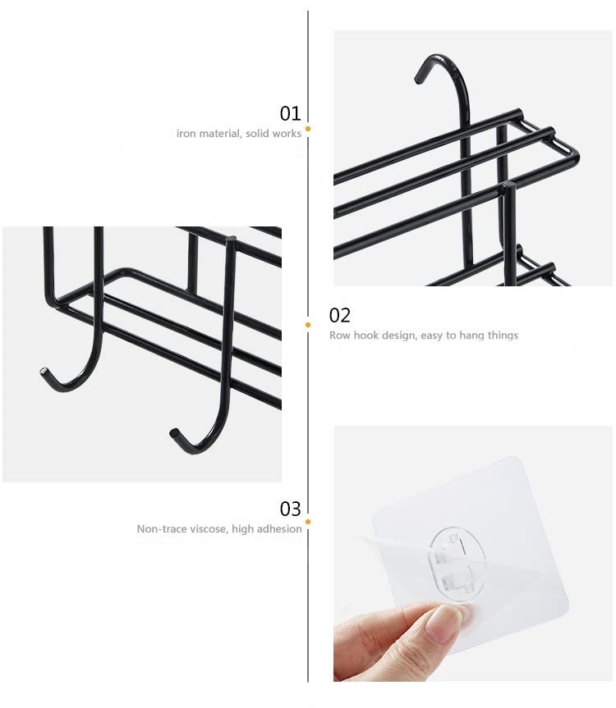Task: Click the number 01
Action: click(x=290, y=113)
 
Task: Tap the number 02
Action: click(x=339, y=315)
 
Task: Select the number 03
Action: click(x=290, y=509)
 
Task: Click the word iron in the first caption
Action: click(x=186, y=133)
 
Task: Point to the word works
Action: click(x=286, y=133)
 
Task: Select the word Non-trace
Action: click(x=159, y=528)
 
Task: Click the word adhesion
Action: click(x=279, y=528)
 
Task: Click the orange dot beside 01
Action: click(x=308, y=129)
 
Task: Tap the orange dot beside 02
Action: click(x=308, y=325)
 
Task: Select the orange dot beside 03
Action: click(x=308, y=522)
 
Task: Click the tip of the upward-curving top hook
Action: click(x=417, y=80)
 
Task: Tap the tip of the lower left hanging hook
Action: click(x=44, y=372)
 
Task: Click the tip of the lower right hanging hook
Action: click(x=173, y=432)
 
